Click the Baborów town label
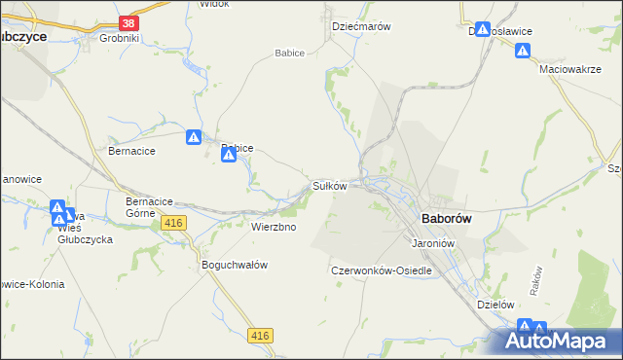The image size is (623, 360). [x=446, y=219]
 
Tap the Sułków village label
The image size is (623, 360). [x=329, y=186]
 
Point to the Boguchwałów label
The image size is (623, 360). [x=234, y=265]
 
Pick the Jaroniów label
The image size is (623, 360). [x=434, y=243]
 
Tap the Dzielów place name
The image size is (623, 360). [x=495, y=304]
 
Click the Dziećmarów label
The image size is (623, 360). [x=361, y=27]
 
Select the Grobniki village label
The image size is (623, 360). [x=121, y=39]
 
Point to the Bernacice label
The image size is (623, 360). [x=131, y=152]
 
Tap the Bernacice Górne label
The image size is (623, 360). [x=149, y=207]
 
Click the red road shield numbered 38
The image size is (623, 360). [x=128, y=22]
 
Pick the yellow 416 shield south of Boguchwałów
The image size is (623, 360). [x=260, y=336]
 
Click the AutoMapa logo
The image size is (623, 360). [x=561, y=342]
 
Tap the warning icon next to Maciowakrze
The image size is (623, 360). [x=524, y=51]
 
